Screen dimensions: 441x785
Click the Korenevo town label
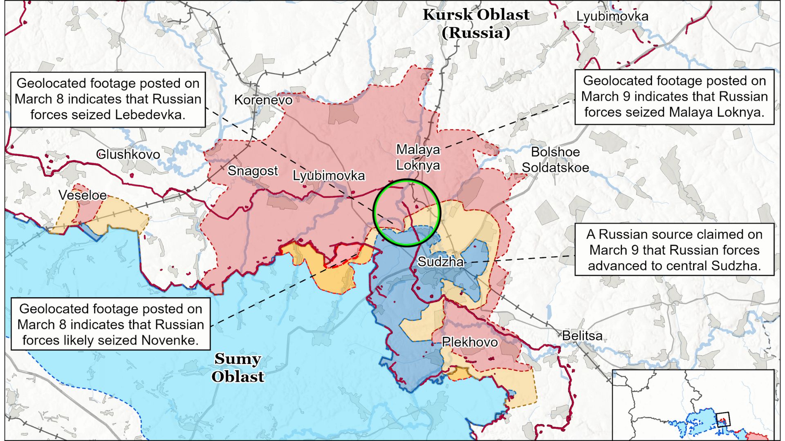click(263, 100)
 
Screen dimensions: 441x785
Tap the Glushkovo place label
click(128, 154)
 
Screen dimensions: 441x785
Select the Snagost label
click(253, 171)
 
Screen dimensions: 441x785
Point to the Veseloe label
click(83, 195)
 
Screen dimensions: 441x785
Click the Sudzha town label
click(440, 262)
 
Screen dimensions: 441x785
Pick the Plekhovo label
click(470, 342)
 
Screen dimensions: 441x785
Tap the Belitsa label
click(582, 336)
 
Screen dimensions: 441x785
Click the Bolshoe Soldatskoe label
click(555, 160)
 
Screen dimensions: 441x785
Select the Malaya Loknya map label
click(418, 157)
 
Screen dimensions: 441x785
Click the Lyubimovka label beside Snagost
click(329, 176)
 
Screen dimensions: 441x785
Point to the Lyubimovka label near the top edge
click(612, 16)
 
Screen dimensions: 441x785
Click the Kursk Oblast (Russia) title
click(476, 24)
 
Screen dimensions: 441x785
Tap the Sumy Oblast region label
click(238, 367)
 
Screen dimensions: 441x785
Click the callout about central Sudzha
click(674, 249)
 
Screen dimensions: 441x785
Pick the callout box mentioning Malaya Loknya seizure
click(674, 97)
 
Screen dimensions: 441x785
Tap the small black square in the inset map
click(723, 420)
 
